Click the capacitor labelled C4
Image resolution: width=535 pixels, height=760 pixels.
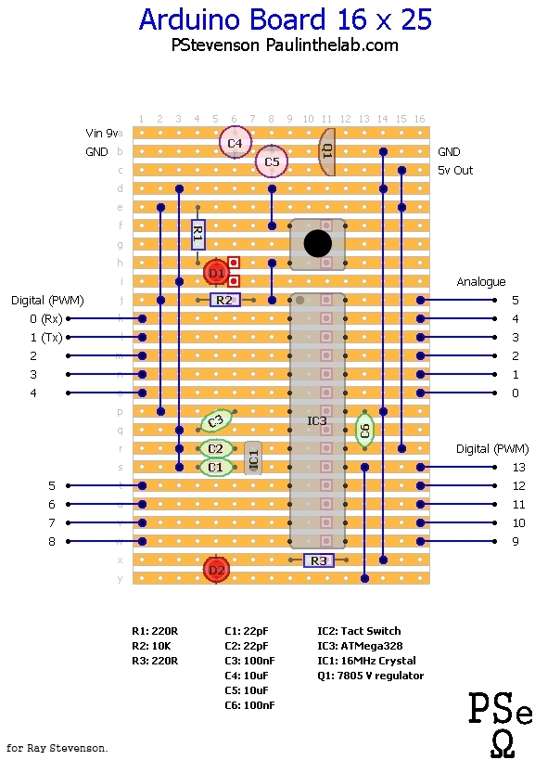pos(235,143)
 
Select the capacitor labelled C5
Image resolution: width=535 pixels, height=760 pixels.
pos(272,161)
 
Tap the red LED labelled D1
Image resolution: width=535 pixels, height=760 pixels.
pos(216,273)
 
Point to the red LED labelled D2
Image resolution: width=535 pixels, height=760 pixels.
pos(216,570)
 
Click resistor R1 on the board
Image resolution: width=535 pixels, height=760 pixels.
pos(197,235)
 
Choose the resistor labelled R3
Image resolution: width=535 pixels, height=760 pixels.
pos(318,560)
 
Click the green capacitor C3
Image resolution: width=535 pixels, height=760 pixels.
pos(216,421)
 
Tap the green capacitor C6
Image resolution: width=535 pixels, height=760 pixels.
pos(364,430)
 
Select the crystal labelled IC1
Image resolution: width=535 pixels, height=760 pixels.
pos(253,457)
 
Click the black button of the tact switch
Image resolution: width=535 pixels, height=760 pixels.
pos(317,243)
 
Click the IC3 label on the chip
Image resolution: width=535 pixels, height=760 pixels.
pos(317,421)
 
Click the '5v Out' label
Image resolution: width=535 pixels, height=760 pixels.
pos(455,171)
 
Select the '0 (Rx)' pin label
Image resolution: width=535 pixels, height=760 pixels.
pos(45,318)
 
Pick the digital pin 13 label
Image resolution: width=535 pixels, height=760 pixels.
pos(518,467)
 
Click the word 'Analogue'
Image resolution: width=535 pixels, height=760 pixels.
pos(481,281)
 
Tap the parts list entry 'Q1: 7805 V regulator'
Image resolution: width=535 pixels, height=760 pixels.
pos(370,676)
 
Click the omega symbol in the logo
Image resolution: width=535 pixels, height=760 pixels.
pos(502,743)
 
